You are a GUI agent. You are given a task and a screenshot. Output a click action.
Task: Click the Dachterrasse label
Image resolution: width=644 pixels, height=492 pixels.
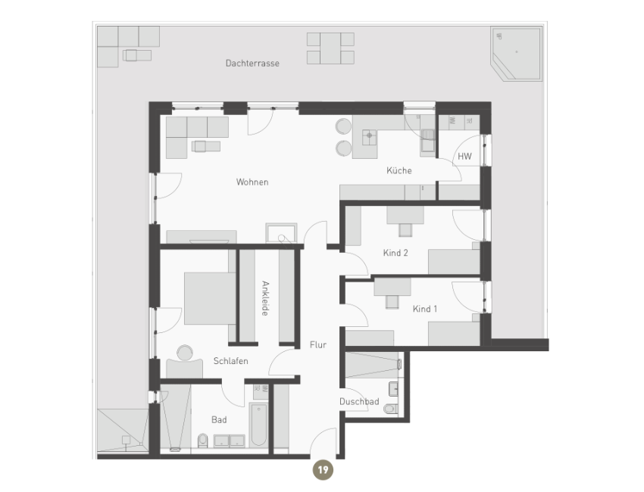pyautogui.click(x=252, y=64)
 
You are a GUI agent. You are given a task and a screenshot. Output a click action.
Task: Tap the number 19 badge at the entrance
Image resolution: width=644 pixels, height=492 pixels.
pyautogui.click(x=323, y=470)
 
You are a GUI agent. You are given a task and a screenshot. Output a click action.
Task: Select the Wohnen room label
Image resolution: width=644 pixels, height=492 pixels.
pyautogui.click(x=252, y=182)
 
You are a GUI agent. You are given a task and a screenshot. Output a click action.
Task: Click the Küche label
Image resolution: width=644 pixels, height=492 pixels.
pyautogui.click(x=399, y=170)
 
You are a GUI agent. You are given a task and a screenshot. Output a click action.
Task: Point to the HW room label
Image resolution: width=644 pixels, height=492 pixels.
pyautogui.click(x=464, y=157)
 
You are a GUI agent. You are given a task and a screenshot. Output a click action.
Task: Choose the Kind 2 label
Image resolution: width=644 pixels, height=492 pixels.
pyautogui.click(x=395, y=253)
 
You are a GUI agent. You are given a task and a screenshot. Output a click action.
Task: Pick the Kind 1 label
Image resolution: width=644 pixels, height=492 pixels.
pyautogui.click(x=425, y=309)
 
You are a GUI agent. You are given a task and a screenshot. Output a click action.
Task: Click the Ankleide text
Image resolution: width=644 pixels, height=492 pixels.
pyautogui.click(x=265, y=298)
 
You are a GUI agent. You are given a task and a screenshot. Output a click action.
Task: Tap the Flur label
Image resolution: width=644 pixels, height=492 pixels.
pyautogui.click(x=317, y=344)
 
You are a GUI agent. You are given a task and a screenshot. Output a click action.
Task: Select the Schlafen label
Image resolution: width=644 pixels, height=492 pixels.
pyautogui.click(x=231, y=361)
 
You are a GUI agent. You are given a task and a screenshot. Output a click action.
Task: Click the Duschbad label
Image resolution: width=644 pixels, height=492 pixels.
pyautogui.click(x=359, y=402)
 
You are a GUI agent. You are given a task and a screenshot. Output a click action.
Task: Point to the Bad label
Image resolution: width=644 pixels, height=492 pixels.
pyautogui.click(x=218, y=418)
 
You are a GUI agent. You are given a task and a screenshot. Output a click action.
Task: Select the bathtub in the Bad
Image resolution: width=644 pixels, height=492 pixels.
pyautogui.click(x=258, y=424)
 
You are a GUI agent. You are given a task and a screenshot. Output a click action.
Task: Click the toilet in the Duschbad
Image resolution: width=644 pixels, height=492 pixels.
pyautogui.click(x=390, y=409)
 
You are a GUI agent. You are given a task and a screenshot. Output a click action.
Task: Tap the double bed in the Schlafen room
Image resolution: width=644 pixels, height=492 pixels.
pyautogui.click(x=210, y=297)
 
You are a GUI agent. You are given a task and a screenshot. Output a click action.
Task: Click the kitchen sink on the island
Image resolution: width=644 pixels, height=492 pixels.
pyautogui.click(x=370, y=136)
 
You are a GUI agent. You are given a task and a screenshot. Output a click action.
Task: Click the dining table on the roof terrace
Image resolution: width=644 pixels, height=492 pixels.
pyautogui.click(x=330, y=48)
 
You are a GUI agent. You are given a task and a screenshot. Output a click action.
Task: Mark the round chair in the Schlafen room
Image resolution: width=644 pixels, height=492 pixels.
pyautogui.click(x=184, y=353)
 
